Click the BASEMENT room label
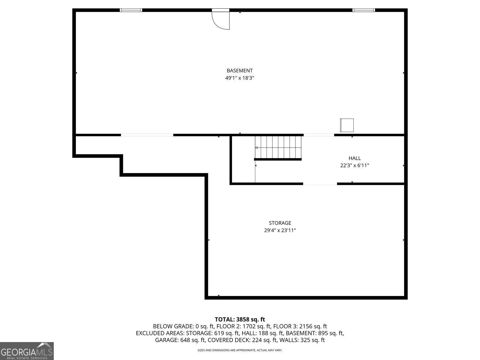tap(239, 71)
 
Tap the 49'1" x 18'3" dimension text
tap(239, 78)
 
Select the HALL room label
tap(355, 158)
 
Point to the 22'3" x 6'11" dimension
tap(355, 165)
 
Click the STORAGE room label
tap(280, 223)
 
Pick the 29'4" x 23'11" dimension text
tap(280, 230)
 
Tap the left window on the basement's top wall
tap(131, 10)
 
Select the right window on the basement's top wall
tap(364, 10)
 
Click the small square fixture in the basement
tap(347, 125)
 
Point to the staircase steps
tap(278, 147)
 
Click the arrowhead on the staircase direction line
tap(257, 148)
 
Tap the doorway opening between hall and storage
tap(320, 184)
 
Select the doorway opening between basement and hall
tap(319, 135)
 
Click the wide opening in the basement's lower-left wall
tap(147, 135)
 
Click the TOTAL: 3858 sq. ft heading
tap(240, 320)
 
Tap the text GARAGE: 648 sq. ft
tap(180, 340)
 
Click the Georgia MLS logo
tap(27, 351)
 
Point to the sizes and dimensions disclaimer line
tap(240, 350)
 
